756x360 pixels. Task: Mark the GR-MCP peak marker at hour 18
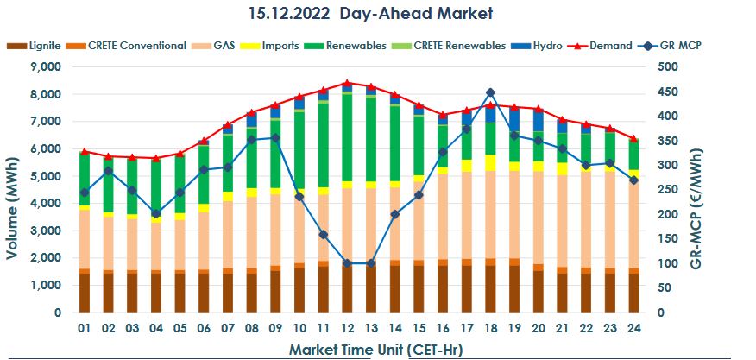click(x=490, y=92)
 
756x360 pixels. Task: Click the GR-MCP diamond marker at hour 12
click(x=347, y=263)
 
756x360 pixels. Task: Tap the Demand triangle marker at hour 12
click(x=347, y=83)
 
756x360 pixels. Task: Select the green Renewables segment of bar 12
click(x=347, y=138)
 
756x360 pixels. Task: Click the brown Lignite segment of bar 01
click(x=85, y=293)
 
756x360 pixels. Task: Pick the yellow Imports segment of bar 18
click(x=490, y=163)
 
